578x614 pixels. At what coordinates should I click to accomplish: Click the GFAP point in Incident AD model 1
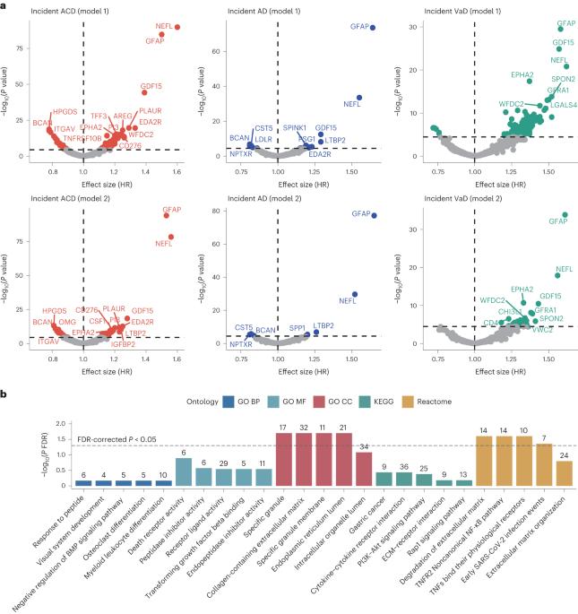pos(373,28)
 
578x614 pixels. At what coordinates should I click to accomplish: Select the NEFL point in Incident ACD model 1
pos(177,27)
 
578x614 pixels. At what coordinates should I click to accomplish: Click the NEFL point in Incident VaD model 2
pos(556,271)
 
